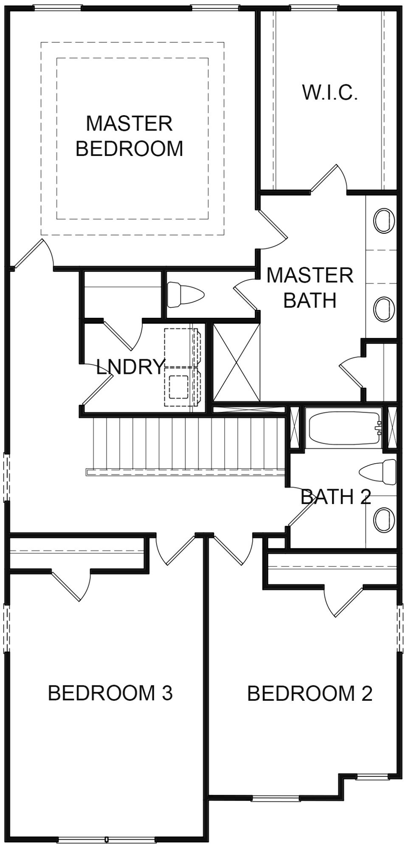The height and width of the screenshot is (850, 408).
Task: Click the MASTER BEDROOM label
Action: (x=129, y=136)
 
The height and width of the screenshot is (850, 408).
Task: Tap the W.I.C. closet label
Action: (x=330, y=92)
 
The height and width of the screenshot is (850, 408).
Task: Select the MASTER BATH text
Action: (x=310, y=288)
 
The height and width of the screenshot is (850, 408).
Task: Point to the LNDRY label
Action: (x=130, y=367)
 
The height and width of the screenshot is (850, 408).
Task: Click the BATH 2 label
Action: (x=336, y=496)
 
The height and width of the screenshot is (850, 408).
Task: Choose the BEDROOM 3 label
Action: (x=110, y=692)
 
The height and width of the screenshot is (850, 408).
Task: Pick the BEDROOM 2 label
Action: (x=310, y=693)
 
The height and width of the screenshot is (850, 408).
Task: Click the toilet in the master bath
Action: (x=186, y=295)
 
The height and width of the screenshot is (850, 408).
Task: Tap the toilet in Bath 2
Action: (x=378, y=471)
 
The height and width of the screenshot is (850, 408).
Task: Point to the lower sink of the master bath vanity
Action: (x=384, y=309)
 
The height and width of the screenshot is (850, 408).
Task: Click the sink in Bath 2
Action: (x=384, y=519)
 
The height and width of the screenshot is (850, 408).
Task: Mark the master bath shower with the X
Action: (x=236, y=362)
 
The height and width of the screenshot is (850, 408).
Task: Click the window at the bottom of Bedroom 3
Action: (x=107, y=840)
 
